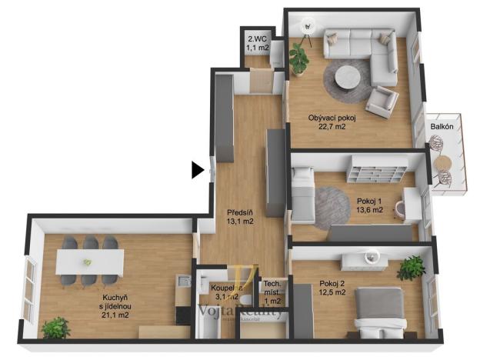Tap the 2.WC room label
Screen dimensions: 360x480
[x=256, y=43]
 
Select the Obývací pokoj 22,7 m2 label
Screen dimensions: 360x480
[x=332, y=122]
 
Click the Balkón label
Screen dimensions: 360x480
[x=441, y=126]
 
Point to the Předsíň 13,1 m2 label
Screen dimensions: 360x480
[x=240, y=218]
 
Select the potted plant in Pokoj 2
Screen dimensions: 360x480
[x=412, y=268]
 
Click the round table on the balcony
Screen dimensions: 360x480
[x=442, y=163]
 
